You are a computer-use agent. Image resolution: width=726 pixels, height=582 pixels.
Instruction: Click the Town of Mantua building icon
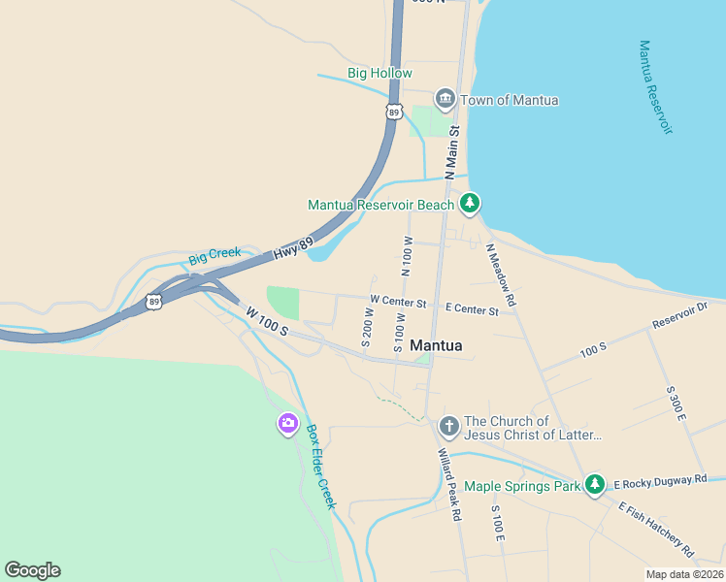pyautogui.click(x=445, y=99)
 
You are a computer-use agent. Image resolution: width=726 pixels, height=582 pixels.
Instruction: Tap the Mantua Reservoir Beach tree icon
pyautogui.click(x=471, y=204)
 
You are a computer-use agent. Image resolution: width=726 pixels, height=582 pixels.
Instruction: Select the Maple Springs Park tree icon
pyautogui.click(x=595, y=485)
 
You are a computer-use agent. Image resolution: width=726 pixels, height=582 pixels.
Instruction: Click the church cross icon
pyautogui.click(x=448, y=426)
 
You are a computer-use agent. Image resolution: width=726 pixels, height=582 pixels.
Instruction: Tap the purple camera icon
pyautogui.click(x=287, y=424)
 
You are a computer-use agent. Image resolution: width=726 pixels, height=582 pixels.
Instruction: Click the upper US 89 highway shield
pyautogui.click(x=393, y=112)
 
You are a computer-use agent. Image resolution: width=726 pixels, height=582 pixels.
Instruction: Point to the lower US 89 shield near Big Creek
pyautogui.click(x=154, y=302)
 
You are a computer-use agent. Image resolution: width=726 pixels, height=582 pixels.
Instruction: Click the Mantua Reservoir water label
pyautogui.click(x=655, y=87)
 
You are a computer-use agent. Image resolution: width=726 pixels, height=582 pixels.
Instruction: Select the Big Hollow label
pyautogui.click(x=379, y=74)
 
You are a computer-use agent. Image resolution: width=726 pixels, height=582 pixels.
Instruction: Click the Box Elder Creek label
pyautogui.click(x=320, y=467)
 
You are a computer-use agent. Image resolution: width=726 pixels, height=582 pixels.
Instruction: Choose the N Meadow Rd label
pyautogui.click(x=501, y=275)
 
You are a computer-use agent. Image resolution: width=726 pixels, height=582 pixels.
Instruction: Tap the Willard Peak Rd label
pyautogui.click(x=448, y=485)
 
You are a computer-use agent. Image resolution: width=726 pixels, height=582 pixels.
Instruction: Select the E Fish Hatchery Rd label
pyautogui.click(x=656, y=530)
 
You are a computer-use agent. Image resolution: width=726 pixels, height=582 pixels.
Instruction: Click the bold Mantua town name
pyautogui.click(x=436, y=345)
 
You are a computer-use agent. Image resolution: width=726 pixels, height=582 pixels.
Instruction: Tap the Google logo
pyautogui.click(x=32, y=570)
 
